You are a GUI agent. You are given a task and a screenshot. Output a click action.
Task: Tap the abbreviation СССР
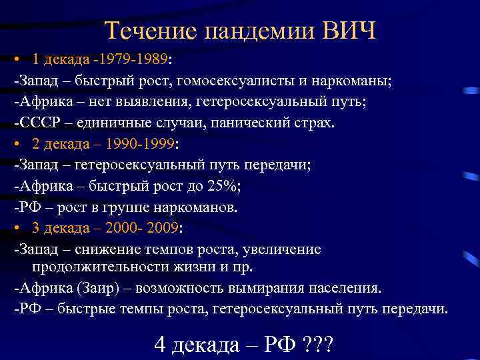[x=39, y=123]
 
